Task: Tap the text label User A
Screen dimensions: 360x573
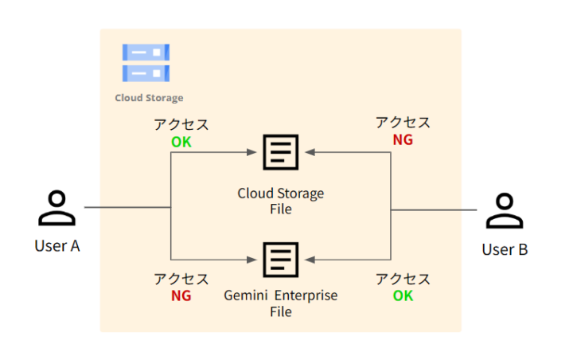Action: tap(57, 245)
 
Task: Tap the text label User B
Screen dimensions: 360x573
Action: tap(505, 249)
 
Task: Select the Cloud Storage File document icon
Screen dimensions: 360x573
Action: tap(281, 152)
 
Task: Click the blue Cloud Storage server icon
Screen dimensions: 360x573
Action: tap(146, 63)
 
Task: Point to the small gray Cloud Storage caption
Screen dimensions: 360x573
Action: tap(149, 98)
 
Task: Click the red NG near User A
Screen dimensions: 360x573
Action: tap(181, 295)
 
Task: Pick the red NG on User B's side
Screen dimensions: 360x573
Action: tap(403, 139)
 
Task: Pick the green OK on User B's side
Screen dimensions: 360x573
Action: tap(403, 295)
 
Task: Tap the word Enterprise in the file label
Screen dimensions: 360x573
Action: tap(306, 295)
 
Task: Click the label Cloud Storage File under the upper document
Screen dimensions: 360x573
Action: tap(281, 201)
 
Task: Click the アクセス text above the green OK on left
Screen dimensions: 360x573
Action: tap(181, 125)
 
